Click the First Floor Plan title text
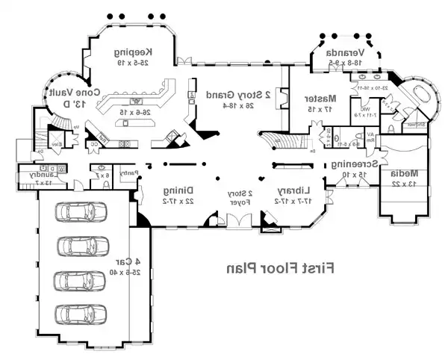tap(280, 267)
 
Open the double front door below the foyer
tap(240, 223)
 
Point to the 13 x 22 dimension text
tap(404, 183)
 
